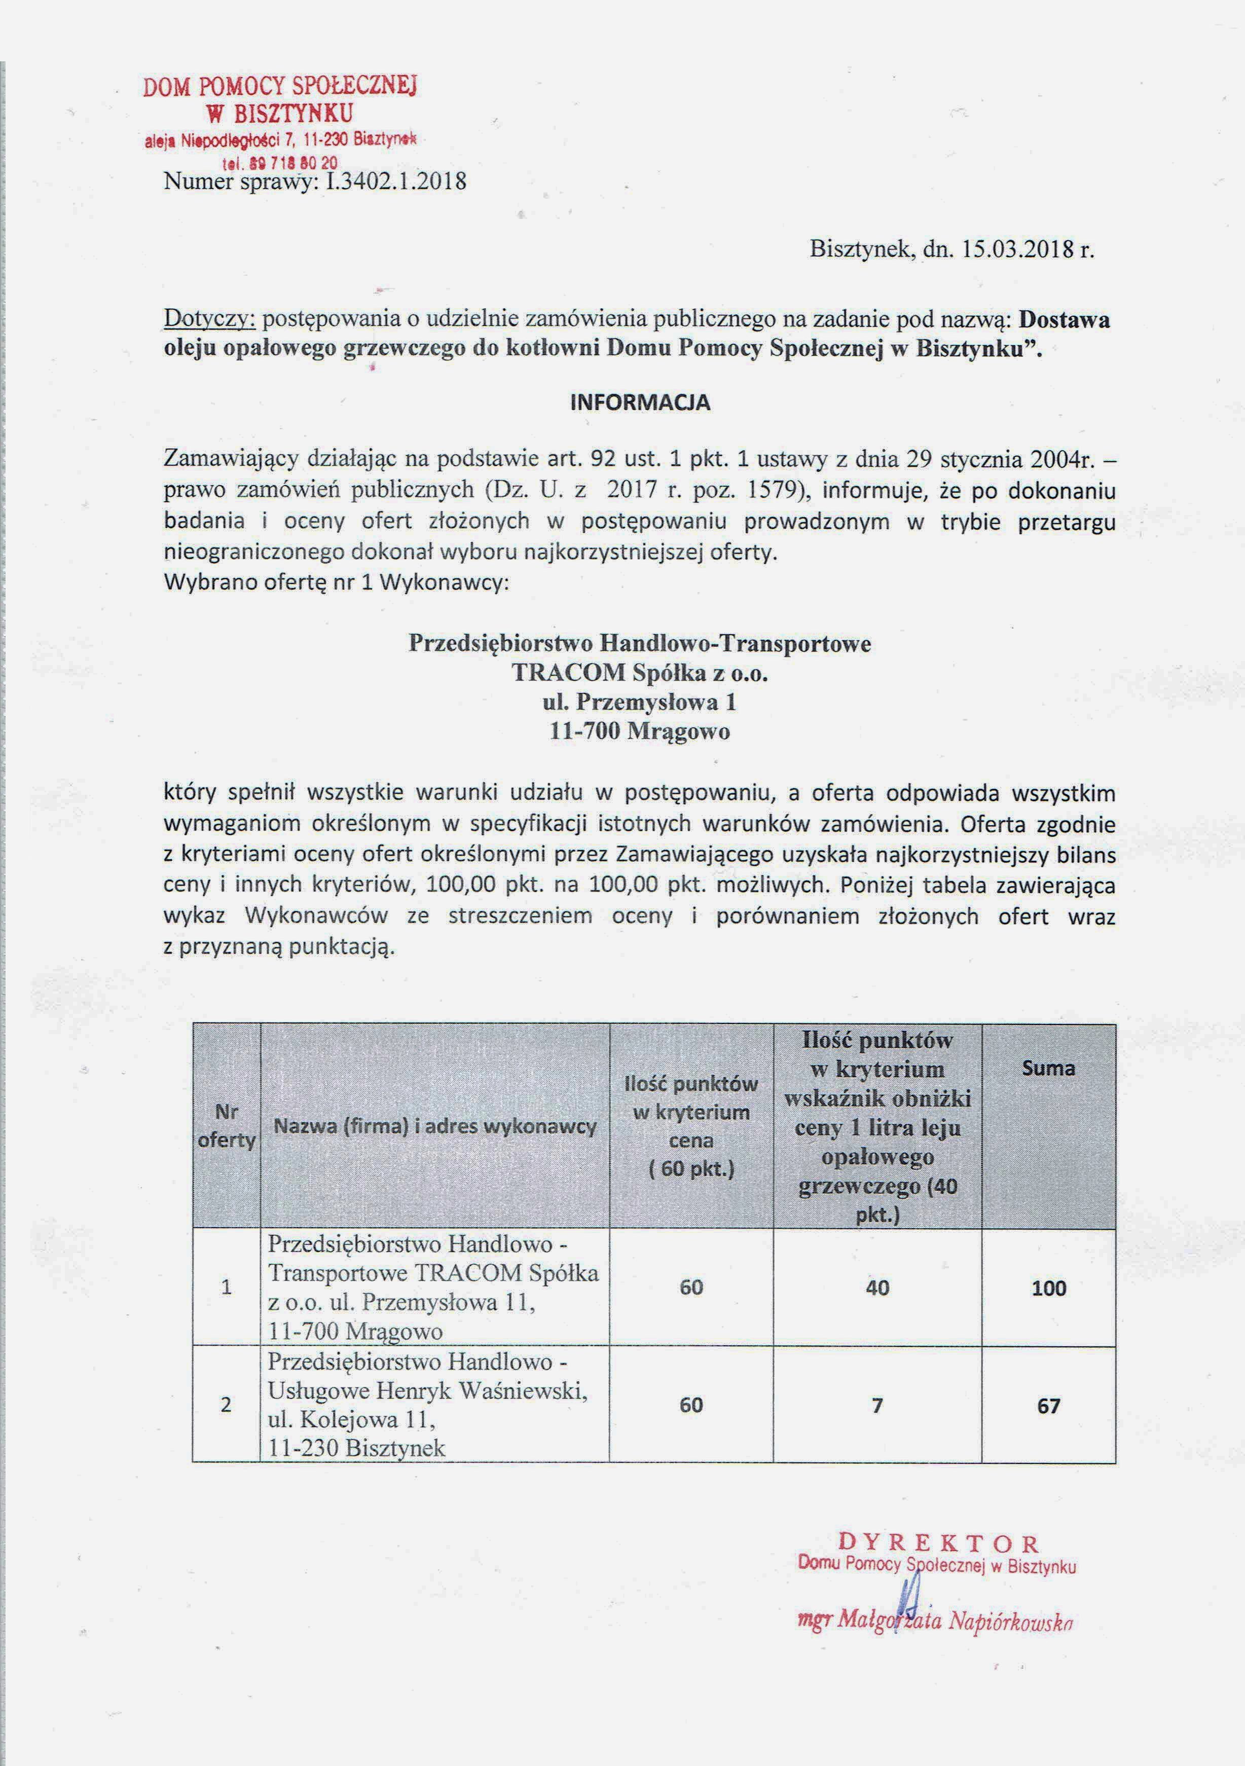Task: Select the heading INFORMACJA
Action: (x=640, y=403)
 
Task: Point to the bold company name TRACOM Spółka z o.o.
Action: (x=640, y=673)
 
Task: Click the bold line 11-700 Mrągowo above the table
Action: (x=640, y=731)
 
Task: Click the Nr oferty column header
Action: (x=226, y=1127)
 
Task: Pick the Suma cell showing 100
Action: (x=1049, y=1287)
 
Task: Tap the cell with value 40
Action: (x=877, y=1287)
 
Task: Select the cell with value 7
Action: (x=877, y=1405)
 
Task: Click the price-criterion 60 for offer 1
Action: (x=691, y=1287)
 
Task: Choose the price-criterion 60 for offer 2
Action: (x=691, y=1405)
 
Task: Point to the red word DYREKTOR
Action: (x=938, y=1543)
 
